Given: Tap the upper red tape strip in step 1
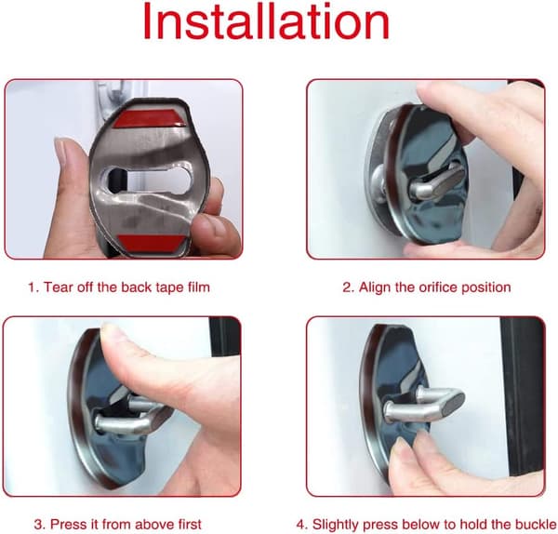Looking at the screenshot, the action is pos(150,118).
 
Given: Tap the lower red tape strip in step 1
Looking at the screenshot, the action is pos(152,243).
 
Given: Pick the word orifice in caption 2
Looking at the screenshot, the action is pos(438,287).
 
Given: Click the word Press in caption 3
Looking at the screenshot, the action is pos(65,525).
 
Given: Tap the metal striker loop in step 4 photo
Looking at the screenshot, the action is pos(423,404).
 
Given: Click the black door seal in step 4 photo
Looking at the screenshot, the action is pos(522,395).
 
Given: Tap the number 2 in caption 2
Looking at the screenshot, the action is pos(347,287).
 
